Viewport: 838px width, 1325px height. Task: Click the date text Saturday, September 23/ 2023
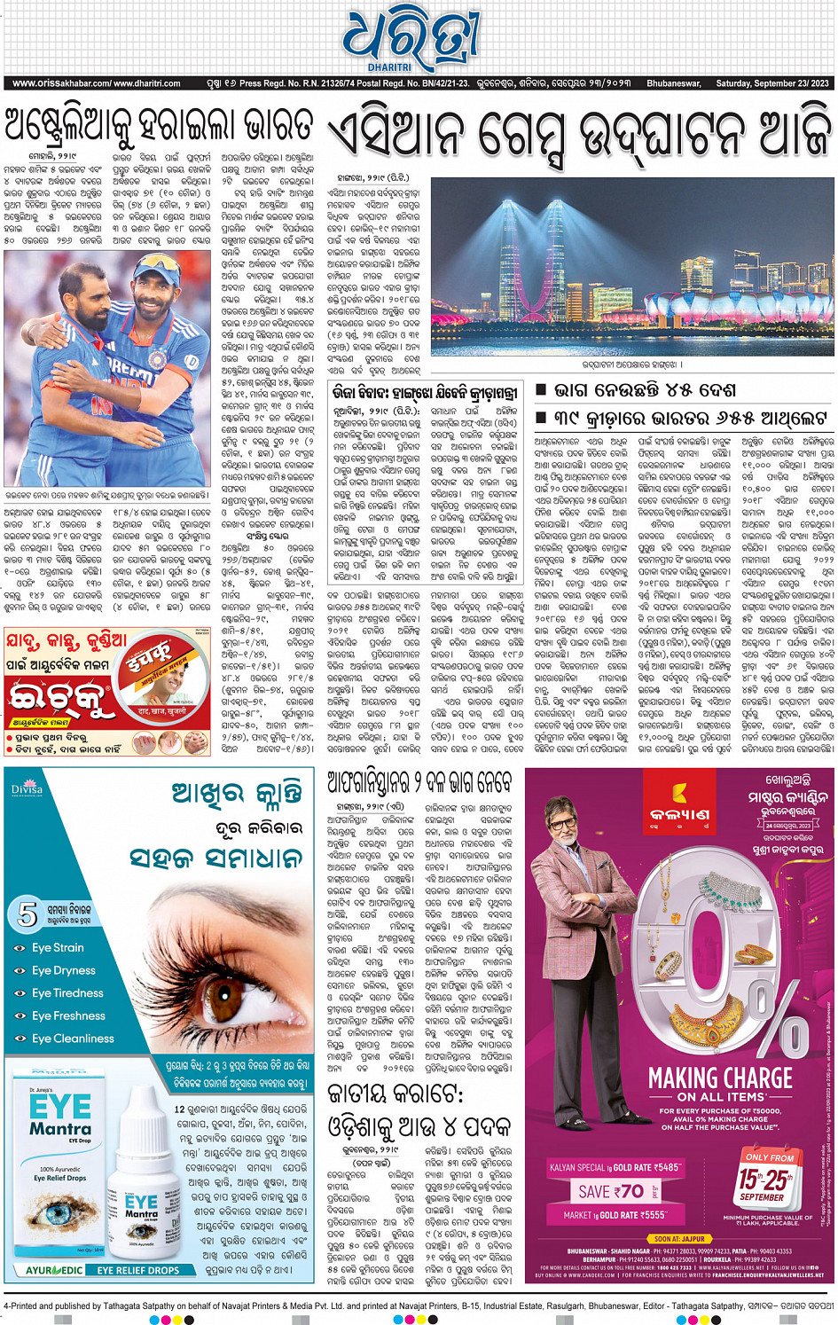pos(772,83)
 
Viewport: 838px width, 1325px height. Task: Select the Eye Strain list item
pos(58,947)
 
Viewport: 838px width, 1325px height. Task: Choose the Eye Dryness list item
pos(63,970)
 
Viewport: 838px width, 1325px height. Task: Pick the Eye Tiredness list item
pos(67,992)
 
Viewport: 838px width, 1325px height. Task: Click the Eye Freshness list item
pos(68,1015)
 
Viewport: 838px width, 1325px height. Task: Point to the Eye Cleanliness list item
pos(73,1039)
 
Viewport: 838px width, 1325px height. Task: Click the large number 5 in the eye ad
pos(27,913)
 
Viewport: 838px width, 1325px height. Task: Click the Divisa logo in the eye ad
pos(27,788)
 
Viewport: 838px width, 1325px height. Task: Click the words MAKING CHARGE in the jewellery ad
pos(720,1078)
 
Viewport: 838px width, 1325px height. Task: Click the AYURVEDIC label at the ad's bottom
pos(54,1270)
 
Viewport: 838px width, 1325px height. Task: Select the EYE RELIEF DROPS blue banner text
pos(138,1270)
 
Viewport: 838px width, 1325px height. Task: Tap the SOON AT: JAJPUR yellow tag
pos(680,1239)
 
